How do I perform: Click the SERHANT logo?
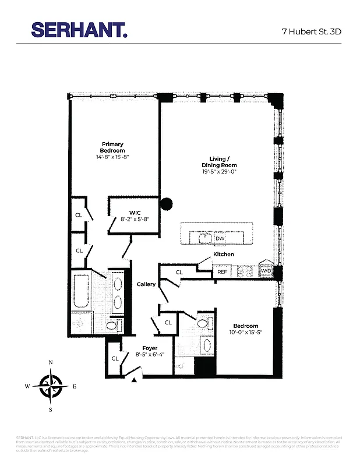coord(79,30)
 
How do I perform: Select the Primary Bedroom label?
coord(112,147)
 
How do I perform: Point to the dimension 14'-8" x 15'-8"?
coord(112,157)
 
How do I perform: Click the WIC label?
coord(136,213)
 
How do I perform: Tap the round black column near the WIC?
coord(167,204)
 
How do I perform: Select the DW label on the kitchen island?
coord(220,238)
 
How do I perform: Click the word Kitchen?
coord(224,255)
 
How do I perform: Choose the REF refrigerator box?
coord(222,272)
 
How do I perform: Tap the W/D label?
coord(266,271)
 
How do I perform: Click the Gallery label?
coord(146,284)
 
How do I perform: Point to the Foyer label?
coord(150,348)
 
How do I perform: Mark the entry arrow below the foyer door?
coord(135,380)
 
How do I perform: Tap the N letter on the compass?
coord(51,363)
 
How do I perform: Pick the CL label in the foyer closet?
coord(115,359)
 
